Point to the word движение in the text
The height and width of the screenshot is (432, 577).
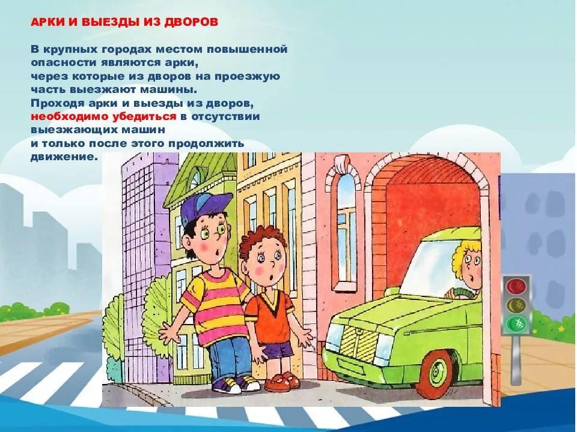[x=64, y=157]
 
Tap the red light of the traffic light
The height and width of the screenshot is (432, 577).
[x=516, y=286]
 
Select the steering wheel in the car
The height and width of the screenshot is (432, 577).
[x=459, y=293]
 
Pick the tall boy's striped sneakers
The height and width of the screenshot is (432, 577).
[x=236, y=384]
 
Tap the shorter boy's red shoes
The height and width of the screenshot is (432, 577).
[x=281, y=382]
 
